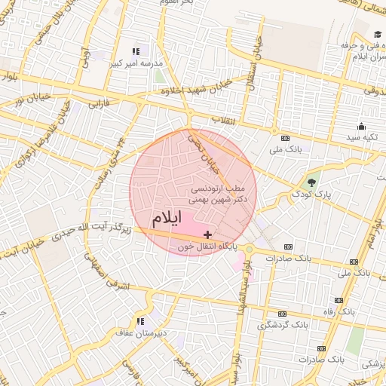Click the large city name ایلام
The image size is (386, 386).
[x=167, y=219]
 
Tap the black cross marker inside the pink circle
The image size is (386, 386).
[x=208, y=235]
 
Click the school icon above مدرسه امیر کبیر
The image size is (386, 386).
[x=136, y=52]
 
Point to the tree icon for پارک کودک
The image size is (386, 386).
[x=311, y=182]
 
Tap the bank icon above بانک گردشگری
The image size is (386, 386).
[x=282, y=314]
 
